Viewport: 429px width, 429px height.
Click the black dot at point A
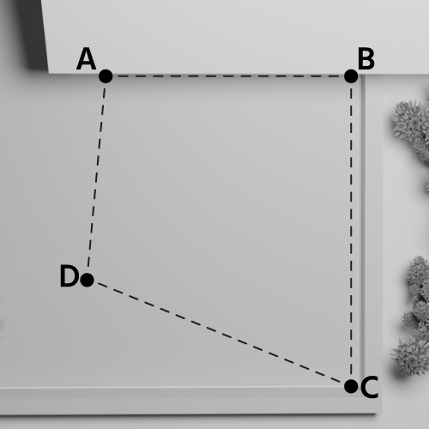pyautogui.click(x=106, y=76)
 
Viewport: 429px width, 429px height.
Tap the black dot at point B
pyautogui.click(x=351, y=76)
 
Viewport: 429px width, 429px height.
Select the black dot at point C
pyautogui.click(x=351, y=387)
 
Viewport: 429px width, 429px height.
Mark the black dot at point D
pyautogui.click(x=87, y=280)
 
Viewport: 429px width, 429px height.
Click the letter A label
pyautogui.click(x=86, y=59)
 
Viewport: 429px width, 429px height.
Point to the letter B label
pyautogui.click(x=366, y=59)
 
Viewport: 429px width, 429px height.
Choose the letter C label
pyautogui.click(x=370, y=387)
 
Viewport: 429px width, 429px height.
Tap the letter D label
pyautogui.click(x=69, y=276)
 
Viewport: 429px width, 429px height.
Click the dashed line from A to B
pyautogui.click(x=228, y=76)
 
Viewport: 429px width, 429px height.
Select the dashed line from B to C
pyautogui.click(x=351, y=232)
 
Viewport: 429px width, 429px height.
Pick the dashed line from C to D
pyautogui.click(x=219, y=333)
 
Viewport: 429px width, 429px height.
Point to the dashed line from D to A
pyautogui.click(x=96, y=178)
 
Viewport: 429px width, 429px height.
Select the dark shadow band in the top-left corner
pyautogui.click(x=34, y=34)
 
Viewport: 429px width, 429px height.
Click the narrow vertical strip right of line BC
pyautogui.click(x=363, y=232)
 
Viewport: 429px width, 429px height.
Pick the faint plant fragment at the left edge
pyautogui.click(x=3, y=320)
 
